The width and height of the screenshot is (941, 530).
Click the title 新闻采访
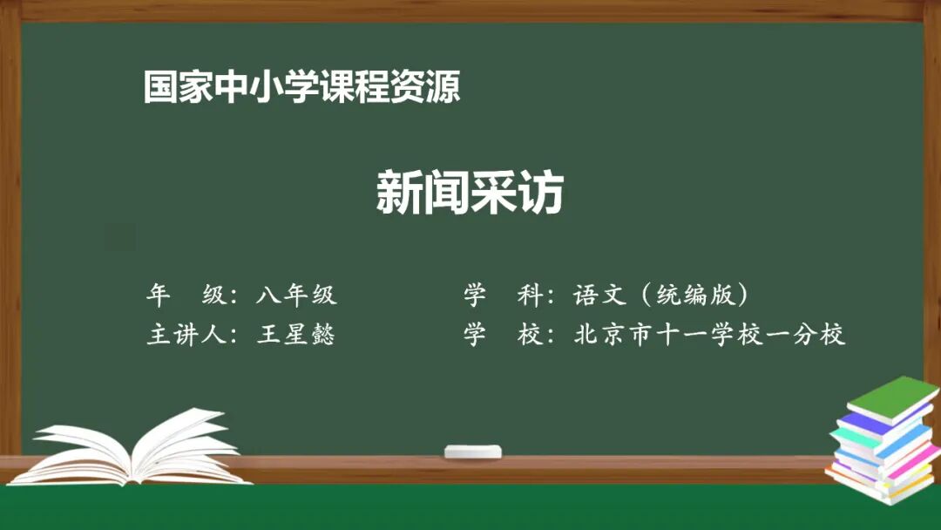point(470,193)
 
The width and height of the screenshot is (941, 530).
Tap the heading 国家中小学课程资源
point(301,88)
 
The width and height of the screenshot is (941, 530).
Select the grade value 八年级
point(296,296)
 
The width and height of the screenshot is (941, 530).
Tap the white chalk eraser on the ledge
point(473,452)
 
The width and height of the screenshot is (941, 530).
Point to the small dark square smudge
point(121,236)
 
